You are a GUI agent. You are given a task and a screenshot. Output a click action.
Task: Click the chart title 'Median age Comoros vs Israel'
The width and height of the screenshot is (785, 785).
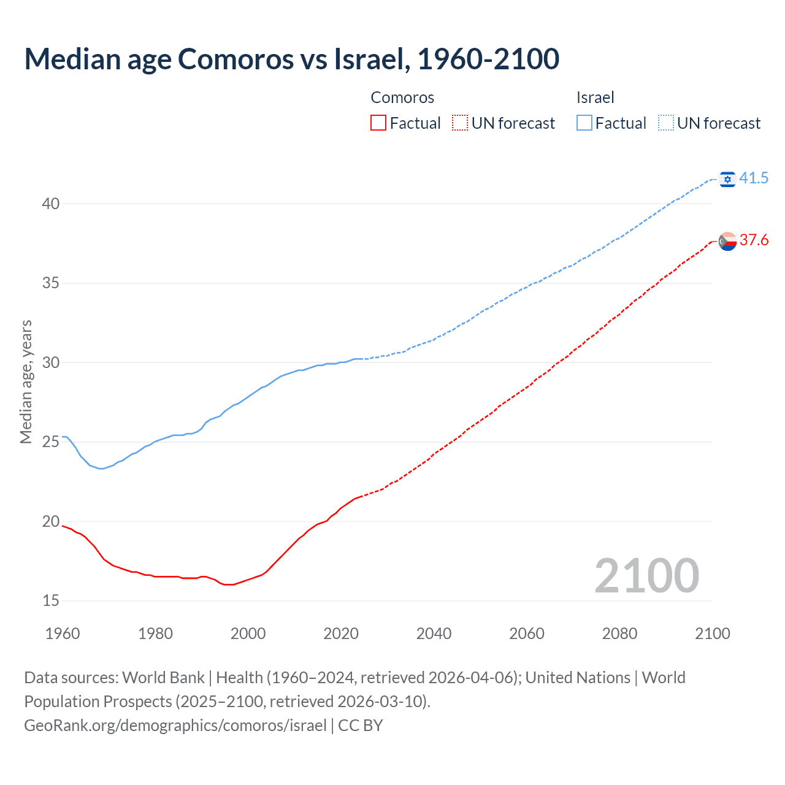pyautogui.click(x=291, y=59)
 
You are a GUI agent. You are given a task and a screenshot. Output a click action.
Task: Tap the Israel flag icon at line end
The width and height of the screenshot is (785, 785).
pyautogui.click(x=727, y=178)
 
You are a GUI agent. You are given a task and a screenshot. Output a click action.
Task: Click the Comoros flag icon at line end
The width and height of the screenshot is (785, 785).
pyautogui.click(x=727, y=241)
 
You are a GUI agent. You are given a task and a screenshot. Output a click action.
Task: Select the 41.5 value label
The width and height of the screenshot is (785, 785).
pyautogui.click(x=754, y=178)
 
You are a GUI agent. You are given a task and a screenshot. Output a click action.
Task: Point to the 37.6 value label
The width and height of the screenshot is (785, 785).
pyautogui.click(x=754, y=240)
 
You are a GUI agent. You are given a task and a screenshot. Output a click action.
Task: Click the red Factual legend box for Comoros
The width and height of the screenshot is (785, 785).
pyautogui.click(x=378, y=123)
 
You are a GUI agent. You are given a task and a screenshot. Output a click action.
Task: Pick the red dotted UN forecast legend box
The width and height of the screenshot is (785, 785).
pyautogui.click(x=460, y=123)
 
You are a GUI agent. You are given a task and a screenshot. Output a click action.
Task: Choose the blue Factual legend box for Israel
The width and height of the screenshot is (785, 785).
pyautogui.click(x=584, y=123)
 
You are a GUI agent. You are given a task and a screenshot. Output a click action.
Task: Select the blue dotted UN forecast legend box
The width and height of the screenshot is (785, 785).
pyautogui.click(x=666, y=123)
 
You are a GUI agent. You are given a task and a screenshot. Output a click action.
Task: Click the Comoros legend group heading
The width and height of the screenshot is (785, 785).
pyautogui.click(x=402, y=98)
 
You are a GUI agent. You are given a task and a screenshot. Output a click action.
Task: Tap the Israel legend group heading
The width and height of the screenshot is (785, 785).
pyautogui.click(x=595, y=98)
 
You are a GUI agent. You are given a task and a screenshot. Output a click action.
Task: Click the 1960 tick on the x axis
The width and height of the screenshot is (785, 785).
pyautogui.click(x=63, y=634)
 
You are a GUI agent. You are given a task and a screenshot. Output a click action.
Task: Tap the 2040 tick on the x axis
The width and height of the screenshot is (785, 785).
pyautogui.click(x=434, y=634)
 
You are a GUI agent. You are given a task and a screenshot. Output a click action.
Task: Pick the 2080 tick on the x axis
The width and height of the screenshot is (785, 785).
pyautogui.click(x=619, y=634)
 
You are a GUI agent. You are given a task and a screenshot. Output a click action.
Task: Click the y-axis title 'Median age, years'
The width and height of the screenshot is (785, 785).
pyautogui.click(x=26, y=381)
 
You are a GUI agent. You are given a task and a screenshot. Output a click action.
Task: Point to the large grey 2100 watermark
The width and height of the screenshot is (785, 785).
pyautogui.click(x=646, y=575)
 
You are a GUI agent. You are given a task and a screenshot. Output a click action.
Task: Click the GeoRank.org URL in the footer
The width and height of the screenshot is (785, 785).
pyautogui.click(x=175, y=726)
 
